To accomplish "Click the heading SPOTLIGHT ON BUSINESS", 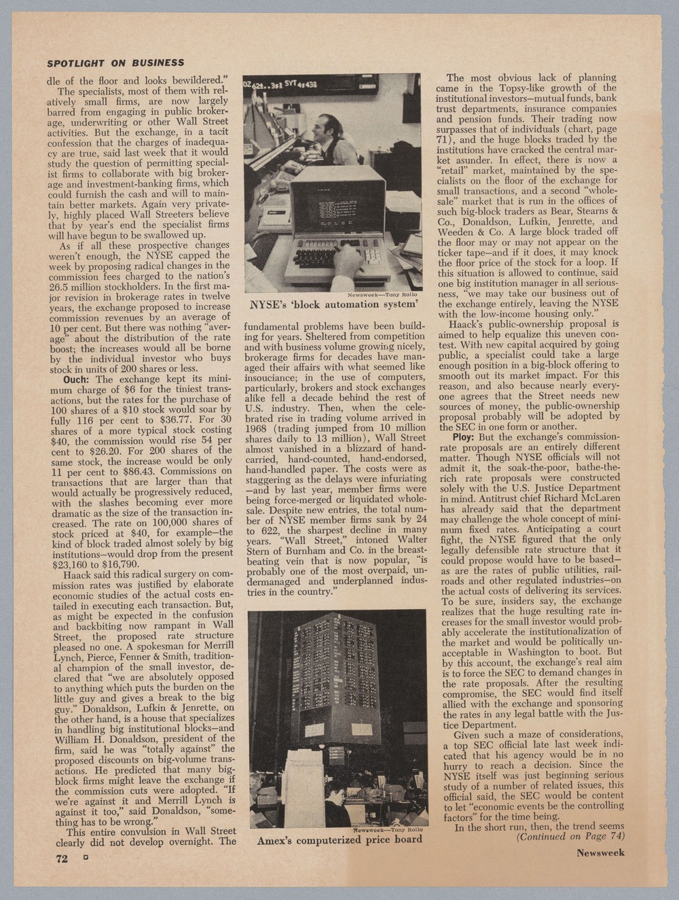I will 115,63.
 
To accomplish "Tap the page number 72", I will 62,858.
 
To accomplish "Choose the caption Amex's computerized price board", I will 339,840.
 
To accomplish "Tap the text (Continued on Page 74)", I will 570,836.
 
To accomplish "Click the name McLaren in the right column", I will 595,497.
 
